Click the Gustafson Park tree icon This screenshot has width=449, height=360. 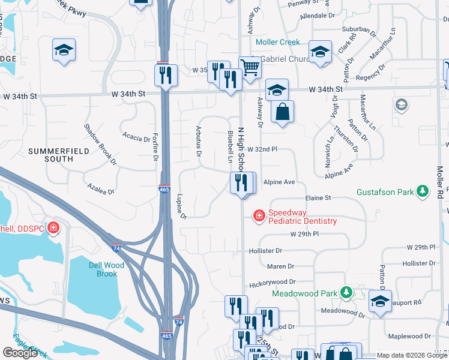tap(424, 191)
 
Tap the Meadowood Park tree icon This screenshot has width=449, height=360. tap(346, 293)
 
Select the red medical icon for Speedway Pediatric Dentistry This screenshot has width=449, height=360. tap(259, 215)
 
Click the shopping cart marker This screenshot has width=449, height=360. tap(249, 68)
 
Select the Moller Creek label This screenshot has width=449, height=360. tap(277, 42)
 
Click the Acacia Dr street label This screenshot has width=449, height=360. tap(136, 137)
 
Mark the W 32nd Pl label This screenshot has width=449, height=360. tap(262, 148)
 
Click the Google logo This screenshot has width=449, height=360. tap(20, 353)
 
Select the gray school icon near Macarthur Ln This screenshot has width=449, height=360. tap(400, 106)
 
